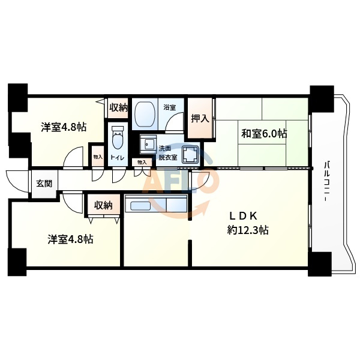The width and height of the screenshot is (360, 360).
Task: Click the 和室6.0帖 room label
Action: pyautogui.click(x=264, y=133)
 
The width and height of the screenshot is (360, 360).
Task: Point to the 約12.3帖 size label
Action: pyautogui.click(x=247, y=230)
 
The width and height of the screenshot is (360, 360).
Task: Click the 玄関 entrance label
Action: pyautogui.click(x=44, y=184)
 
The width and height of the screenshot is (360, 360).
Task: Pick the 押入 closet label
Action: pyautogui.click(x=200, y=118)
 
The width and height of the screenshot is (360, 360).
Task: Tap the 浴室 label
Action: pyautogui.click(x=170, y=107)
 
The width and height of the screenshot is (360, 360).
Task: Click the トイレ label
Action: pyautogui.click(x=118, y=158)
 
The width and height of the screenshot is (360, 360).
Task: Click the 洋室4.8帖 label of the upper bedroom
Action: pyautogui.click(x=63, y=127)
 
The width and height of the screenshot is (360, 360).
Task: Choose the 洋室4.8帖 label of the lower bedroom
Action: pyautogui.click(x=70, y=239)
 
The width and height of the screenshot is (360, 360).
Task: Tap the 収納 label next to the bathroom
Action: pyautogui.click(x=118, y=108)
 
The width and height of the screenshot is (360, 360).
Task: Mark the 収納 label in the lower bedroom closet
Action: pyautogui.click(x=103, y=205)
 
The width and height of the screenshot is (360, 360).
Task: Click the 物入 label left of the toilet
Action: pyautogui.click(x=98, y=157)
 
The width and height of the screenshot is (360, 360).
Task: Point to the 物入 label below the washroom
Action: pyautogui.click(x=142, y=163)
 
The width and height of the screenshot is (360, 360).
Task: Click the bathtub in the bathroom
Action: pyautogui.click(x=144, y=113)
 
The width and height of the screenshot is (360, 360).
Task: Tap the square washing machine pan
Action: pyautogui.click(x=190, y=155)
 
